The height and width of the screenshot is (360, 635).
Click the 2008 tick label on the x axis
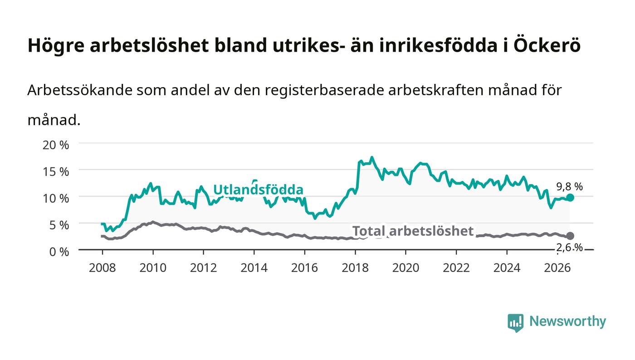tap(103, 268)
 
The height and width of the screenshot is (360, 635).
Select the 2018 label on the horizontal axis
tap(355, 268)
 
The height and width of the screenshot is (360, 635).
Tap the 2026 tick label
tap(557, 268)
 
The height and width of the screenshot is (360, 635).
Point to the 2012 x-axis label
tap(203, 268)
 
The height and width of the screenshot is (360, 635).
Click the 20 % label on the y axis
tap(56, 145)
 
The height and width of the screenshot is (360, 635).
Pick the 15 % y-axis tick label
tap(56, 172)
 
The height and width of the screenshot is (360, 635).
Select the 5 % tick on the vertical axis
tap(59, 225)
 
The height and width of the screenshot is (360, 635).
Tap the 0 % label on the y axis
tap(59, 252)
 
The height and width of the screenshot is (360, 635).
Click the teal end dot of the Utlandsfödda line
tap(570, 198)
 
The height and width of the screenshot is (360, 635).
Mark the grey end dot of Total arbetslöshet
tap(570, 236)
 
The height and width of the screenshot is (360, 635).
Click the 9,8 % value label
tap(570, 186)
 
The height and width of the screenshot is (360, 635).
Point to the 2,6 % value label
tap(570, 248)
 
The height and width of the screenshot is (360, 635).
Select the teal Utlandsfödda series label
tap(258, 190)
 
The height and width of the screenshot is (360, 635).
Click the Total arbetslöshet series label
tap(413, 231)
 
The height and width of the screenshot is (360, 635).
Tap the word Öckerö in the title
tap(547, 45)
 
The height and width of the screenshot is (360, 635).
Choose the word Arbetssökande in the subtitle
tap(80, 90)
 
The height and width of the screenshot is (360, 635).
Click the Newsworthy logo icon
tap(515, 322)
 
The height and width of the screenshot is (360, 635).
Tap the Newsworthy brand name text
tap(567, 321)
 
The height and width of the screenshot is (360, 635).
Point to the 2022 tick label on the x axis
tap(456, 268)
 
